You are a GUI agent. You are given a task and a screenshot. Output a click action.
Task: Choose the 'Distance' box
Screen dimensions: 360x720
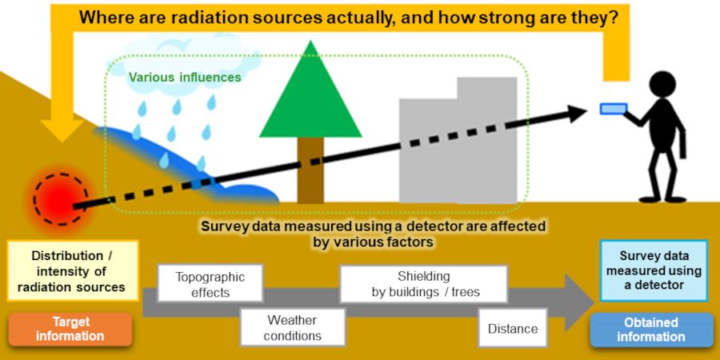[x=512, y=329]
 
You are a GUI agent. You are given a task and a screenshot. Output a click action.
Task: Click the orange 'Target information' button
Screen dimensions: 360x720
[x=71, y=329]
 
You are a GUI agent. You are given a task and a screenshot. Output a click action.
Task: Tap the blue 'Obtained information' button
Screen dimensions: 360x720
[x=651, y=330]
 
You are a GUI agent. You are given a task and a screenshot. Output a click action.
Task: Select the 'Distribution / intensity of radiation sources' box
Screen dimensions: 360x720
[x=72, y=271]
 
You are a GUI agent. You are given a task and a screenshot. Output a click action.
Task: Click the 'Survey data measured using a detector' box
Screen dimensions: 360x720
[x=651, y=271]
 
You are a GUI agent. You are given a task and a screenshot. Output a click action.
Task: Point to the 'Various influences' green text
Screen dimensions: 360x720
[x=185, y=78]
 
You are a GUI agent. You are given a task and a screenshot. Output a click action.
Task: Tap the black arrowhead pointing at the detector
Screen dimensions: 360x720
[x=580, y=113]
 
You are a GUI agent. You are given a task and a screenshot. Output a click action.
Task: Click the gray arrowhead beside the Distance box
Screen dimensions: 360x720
[x=578, y=303]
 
